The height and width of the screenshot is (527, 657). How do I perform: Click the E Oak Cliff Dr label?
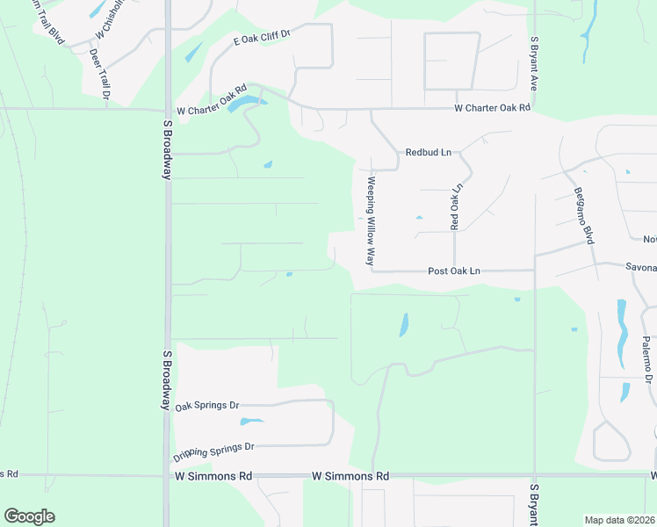coord(261,36)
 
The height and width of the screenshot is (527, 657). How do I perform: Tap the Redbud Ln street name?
coord(428,152)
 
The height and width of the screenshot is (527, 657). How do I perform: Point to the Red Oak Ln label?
coord(455,207)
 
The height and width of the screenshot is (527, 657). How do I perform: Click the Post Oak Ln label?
coord(453,271)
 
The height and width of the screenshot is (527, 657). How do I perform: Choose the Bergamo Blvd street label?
coord(584,216)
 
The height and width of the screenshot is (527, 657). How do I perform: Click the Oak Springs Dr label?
coord(207,406)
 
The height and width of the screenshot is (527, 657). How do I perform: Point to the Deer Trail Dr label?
coord(100,72)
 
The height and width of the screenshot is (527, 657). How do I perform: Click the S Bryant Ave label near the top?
coord(533,64)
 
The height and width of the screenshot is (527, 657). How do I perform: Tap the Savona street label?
coord(640,267)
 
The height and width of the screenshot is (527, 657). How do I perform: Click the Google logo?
coord(29,516)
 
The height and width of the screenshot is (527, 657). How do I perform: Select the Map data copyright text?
coord(619,520)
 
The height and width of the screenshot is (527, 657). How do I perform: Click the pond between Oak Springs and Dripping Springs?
coord(251,422)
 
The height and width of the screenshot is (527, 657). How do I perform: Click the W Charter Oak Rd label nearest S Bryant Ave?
coord(492,108)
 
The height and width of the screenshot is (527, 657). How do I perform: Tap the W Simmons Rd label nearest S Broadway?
coord(213,476)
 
